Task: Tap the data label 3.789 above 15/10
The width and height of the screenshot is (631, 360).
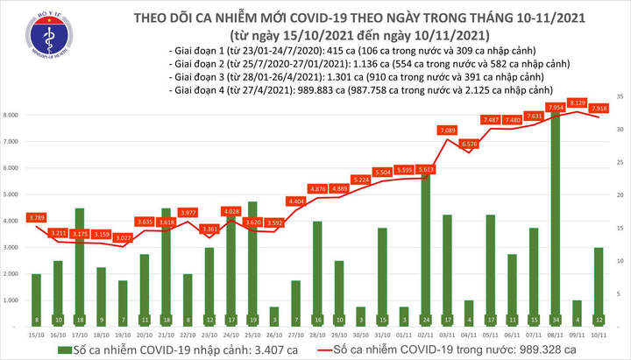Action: click(36, 216)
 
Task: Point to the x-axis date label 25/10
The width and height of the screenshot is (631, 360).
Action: click(252, 335)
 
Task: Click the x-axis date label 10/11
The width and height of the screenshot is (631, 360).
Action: click(599, 335)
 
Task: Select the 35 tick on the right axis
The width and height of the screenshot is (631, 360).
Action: click(619, 95)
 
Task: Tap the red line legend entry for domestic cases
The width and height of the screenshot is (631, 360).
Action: click(330, 349)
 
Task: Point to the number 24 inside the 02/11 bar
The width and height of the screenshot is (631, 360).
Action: click(425, 320)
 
